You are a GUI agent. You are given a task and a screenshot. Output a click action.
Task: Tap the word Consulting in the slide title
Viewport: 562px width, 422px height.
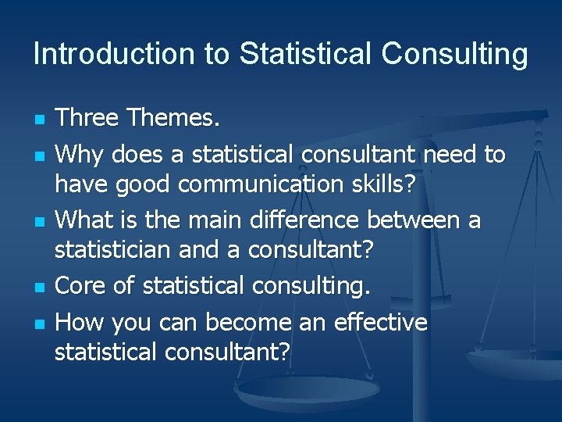[x=454, y=55]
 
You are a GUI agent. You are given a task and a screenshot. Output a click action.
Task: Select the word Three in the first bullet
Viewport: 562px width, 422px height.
[x=87, y=118]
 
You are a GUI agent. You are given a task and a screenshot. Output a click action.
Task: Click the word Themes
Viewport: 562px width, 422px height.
[x=174, y=118]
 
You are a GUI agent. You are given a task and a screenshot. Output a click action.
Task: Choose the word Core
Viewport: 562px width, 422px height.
[x=81, y=286]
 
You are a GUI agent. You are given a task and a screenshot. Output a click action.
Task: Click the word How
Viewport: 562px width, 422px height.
[x=81, y=322]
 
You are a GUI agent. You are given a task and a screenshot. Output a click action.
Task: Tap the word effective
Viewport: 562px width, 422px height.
[x=380, y=322]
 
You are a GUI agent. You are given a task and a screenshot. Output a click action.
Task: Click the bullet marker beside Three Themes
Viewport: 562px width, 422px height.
[x=38, y=120]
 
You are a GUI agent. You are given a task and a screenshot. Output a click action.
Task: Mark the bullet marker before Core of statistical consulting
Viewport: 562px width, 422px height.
[x=38, y=288]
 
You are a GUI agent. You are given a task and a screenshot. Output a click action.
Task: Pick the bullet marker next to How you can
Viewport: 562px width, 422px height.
[x=38, y=324]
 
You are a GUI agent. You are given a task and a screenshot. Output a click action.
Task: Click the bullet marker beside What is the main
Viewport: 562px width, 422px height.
[x=38, y=222]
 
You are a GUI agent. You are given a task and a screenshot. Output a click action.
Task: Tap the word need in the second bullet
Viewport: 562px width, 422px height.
[x=451, y=155]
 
